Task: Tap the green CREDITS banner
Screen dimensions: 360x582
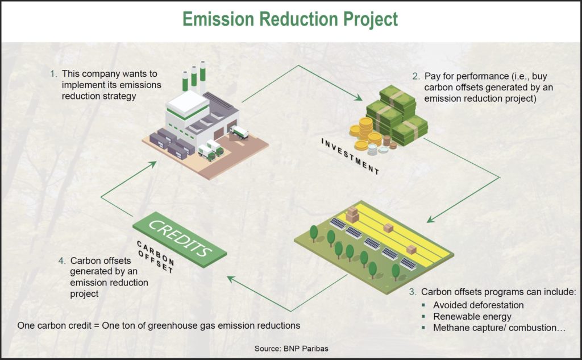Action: tap(179, 237)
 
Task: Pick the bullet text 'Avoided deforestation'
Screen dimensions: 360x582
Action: tap(478, 305)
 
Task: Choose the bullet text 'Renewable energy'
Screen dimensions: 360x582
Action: tap(472, 316)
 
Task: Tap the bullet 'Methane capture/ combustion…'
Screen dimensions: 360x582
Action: tap(495, 328)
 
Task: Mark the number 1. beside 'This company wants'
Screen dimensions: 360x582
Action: tap(53, 74)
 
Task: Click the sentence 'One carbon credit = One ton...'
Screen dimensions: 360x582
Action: tap(159, 326)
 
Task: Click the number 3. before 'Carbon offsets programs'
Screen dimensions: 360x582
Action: tap(413, 292)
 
